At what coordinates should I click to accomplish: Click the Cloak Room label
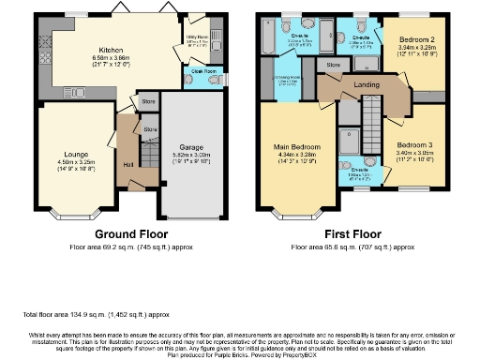(x=193, y=71)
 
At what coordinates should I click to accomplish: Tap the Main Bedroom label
(x=296, y=148)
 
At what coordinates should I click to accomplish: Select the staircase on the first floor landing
(x=373, y=118)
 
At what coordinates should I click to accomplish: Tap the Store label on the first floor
(x=333, y=65)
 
